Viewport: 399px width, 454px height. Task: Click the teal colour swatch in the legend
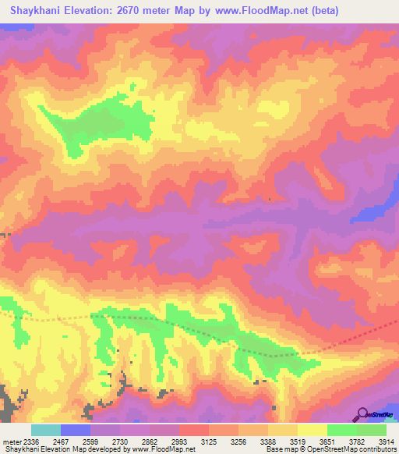coord(46,430)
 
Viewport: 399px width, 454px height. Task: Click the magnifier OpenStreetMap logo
coord(362,413)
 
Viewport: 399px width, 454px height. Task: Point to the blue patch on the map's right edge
coord(373,211)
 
